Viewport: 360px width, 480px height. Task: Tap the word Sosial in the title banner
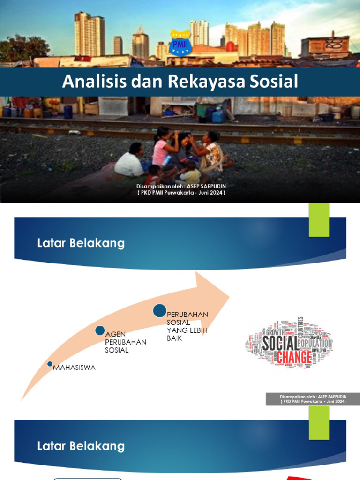tap(276, 82)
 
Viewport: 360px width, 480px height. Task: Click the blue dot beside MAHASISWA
tap(50, 364)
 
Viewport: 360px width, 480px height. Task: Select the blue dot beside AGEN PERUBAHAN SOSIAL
tap(100, 330)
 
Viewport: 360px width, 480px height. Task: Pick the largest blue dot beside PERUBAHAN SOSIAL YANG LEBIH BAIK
tap(160, 310)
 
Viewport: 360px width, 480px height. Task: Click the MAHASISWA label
tap(75, 367)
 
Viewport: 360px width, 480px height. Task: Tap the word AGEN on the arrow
tap(114, 334)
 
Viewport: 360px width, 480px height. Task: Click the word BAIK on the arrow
tap(174, 338)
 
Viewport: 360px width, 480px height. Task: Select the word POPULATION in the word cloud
tap(315, 343)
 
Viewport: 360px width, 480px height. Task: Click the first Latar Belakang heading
tap(81, 243)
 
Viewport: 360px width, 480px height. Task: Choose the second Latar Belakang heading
tap(81, 446)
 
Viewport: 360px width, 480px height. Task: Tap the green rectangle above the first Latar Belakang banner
tap(319, 220)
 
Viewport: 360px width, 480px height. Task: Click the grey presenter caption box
tap(313, 399)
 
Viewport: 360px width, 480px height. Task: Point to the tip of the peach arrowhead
tap(229, 296)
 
